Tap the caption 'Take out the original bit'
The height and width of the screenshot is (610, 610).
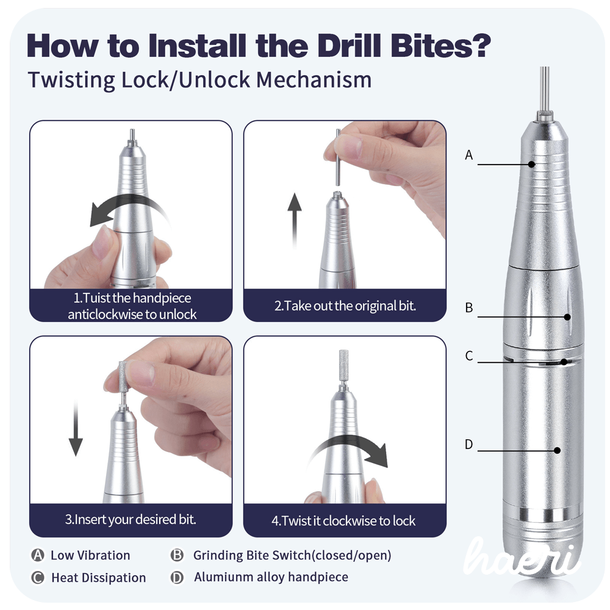pyautogui.click(x=345, y=306)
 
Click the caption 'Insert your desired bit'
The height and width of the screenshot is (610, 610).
pyautogui.click(x=131, y=520)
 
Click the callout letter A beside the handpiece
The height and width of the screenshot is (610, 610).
pyautogui.click(x=468, y=155)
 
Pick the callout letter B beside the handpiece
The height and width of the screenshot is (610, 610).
pyautogui.click(x=468, y=308)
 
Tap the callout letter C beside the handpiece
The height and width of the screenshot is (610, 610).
pyautogui.click(x=468, y=356)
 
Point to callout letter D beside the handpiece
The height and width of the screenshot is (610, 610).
pyautogui.click(x=468, y=445)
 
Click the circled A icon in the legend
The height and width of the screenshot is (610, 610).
pyautogui.click(x=38, y=555)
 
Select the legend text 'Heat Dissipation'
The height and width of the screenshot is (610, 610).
pyautogui.click(x=98, y=578)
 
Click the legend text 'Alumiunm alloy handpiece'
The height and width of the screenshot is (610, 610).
pyautogui.click(x=271, y=577)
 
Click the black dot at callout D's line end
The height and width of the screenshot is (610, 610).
pyautogui.click(x=557, y=451)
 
